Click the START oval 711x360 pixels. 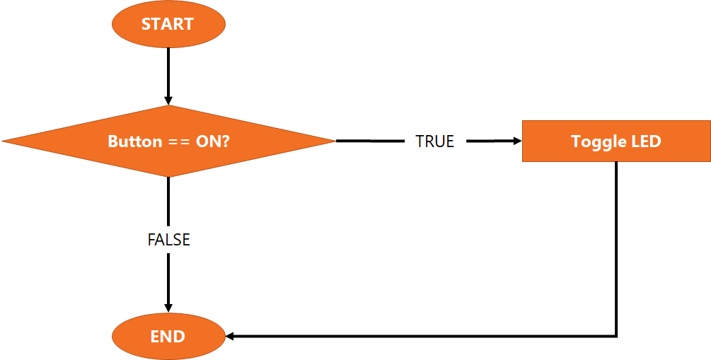[168, 24]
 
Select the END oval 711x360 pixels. [168, 336]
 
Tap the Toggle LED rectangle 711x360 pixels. [615, 141]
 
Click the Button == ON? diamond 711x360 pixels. [168, 141]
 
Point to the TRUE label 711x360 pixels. [434, 141]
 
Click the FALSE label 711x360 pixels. [168, 240]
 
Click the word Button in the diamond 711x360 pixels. [134, 141]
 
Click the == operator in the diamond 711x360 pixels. [178, 141]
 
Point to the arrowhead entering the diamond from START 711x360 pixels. [168, 100]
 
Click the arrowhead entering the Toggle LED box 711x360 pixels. [516, 141]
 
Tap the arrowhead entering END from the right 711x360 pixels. [230, 336]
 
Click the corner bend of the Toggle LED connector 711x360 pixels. [617, 336]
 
